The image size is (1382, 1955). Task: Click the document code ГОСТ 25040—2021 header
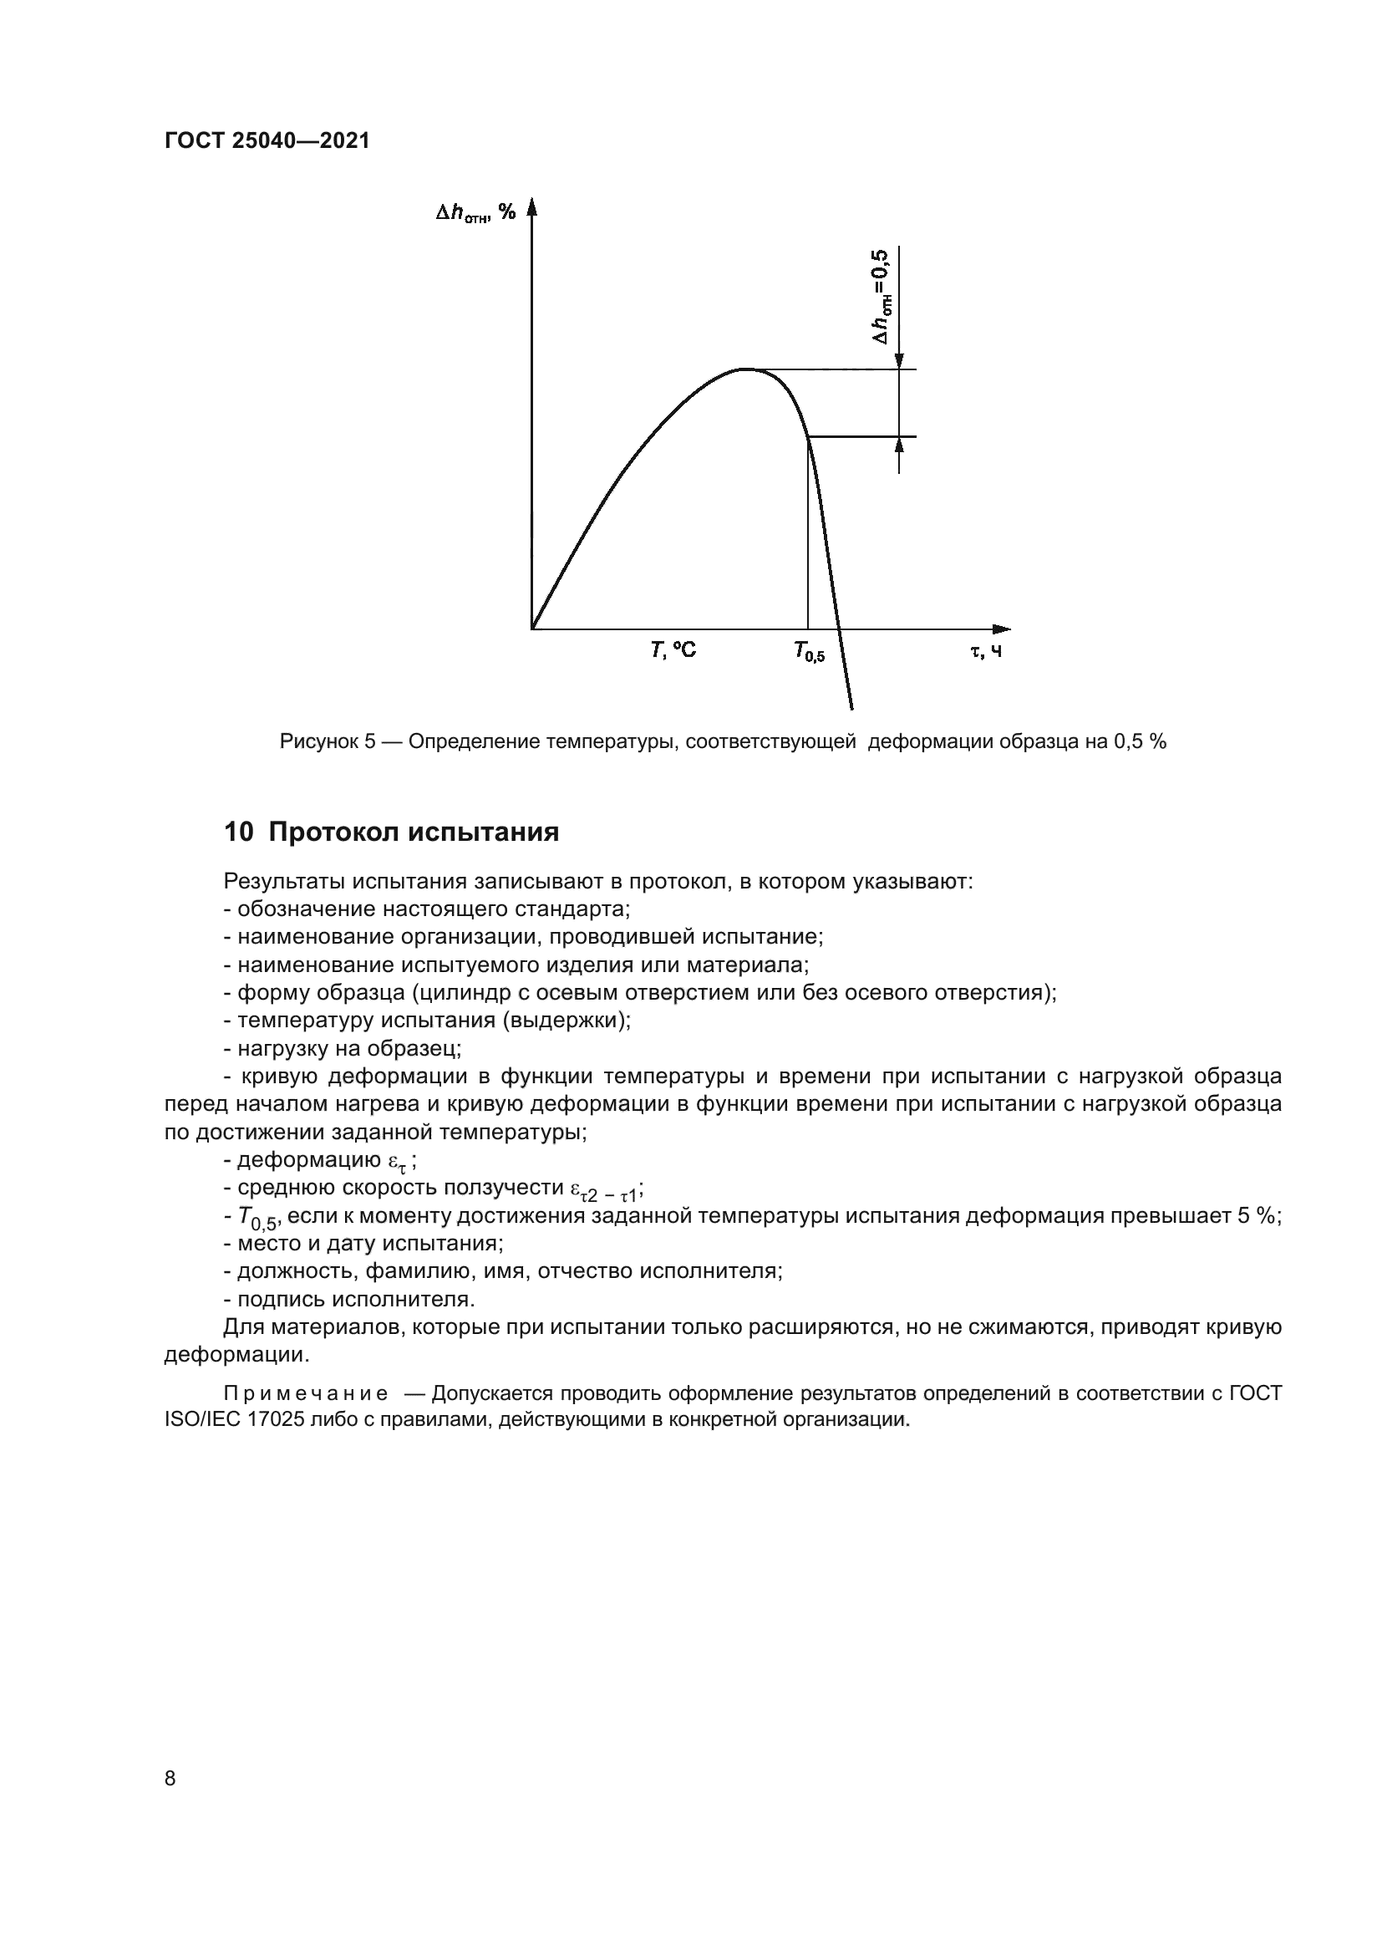267,141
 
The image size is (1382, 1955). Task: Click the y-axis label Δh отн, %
475,213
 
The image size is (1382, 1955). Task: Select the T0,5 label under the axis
809,653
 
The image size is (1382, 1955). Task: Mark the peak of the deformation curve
744,369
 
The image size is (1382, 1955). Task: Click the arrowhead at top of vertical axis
532,207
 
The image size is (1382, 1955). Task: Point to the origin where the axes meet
532,629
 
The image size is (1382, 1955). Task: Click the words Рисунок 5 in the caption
327,741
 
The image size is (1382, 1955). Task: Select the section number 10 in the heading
238,832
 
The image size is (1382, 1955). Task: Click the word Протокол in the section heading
333,832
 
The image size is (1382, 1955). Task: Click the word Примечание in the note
306,1394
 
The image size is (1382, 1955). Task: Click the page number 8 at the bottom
170,1779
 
